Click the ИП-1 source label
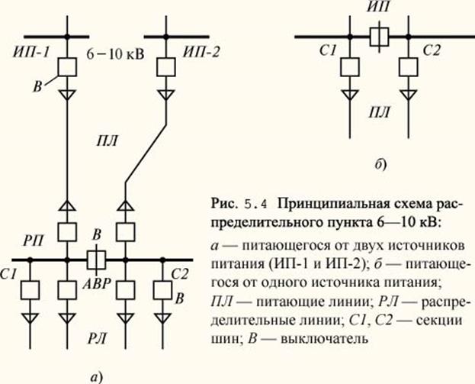point(31,53)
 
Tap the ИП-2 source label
point(201,53)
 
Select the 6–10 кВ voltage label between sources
point(115,55)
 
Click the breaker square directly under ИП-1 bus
point(67,67)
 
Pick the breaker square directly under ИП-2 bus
point(165,67)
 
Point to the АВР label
point(97,284)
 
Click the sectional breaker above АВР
point(96,260)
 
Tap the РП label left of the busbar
point(34,241)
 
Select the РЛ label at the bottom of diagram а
point(98,338)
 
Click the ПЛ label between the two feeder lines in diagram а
point(107,141)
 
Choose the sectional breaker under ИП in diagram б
point(379,37)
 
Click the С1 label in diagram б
point(328,50)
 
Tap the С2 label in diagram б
point(432,50)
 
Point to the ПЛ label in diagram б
point(379,112)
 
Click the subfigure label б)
point(380,165)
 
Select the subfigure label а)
point(97,377)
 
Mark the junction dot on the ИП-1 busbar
point(67,37)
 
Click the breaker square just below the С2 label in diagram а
point(162,290)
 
